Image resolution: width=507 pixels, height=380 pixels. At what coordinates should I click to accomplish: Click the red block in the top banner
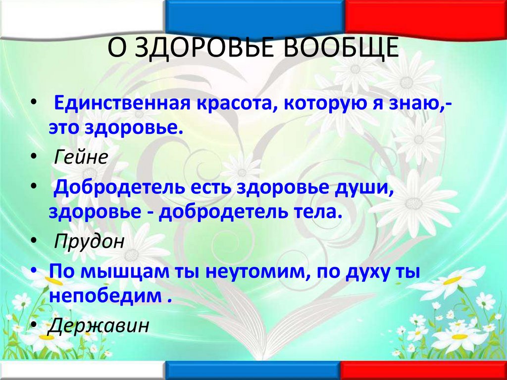[x=426, y=17]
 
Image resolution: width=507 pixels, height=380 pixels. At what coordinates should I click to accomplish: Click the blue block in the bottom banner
[x=253, y=371]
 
